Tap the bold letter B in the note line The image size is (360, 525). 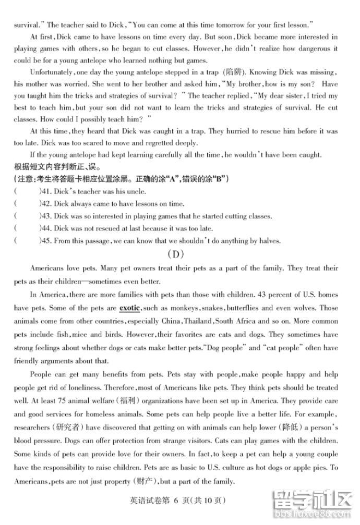coord(222,179)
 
